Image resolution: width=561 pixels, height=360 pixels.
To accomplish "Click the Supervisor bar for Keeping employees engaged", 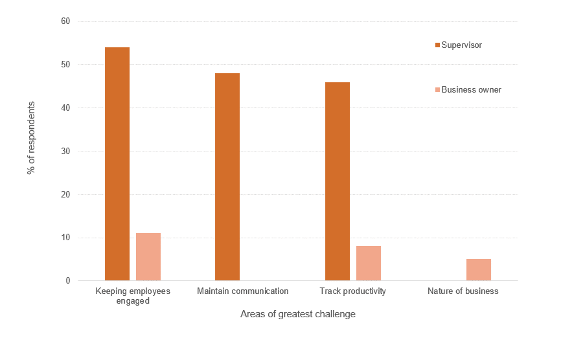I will pos(117,164).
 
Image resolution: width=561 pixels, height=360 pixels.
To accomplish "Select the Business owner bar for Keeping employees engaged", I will pos(148,257).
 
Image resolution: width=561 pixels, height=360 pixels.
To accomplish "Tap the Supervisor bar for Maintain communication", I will pos(227,177).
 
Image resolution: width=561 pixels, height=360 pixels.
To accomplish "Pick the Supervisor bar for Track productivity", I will pos(338,181).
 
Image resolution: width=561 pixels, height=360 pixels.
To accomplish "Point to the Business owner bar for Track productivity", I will pos(369,264).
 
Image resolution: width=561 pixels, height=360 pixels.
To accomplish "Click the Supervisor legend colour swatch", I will pos(437,45).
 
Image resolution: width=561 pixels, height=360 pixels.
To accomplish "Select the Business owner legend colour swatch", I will pos(437,90).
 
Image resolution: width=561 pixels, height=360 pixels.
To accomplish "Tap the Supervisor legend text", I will pos(461,45).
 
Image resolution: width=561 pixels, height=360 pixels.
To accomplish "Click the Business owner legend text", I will pos(471,90).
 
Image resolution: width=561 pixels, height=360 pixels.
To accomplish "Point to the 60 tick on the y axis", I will pos(65,21).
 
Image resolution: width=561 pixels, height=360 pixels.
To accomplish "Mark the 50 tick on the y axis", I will pos(65,65).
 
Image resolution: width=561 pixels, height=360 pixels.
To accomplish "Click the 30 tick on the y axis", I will pos(65,152).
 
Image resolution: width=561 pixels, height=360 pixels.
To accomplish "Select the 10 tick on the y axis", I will pos(65,238).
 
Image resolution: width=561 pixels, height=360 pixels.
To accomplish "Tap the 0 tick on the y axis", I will pos(67,281).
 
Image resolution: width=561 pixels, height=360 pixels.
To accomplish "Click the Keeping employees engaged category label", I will pos(133,296).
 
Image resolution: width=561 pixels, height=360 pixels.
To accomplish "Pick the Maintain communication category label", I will pos(243,291).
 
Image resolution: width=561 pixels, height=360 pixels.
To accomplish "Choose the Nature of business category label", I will pos(463,291).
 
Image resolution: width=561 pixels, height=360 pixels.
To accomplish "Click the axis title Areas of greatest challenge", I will pos(298,315).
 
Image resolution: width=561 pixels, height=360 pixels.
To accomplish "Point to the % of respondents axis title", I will pos(30,138).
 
